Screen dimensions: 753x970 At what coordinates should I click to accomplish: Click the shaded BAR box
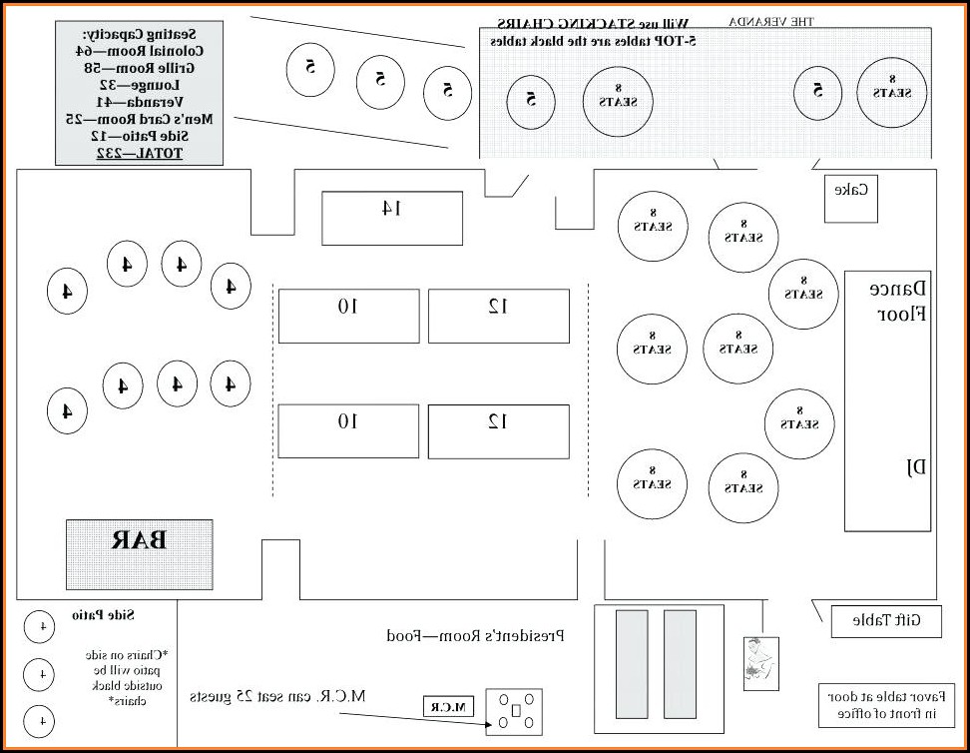[x=139, y=553]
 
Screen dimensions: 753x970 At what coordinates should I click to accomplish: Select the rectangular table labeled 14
[x=391, y=218]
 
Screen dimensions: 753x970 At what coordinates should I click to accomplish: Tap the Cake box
[x=850, y=199]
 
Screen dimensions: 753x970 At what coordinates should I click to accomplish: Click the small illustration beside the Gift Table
[x=760, y=662]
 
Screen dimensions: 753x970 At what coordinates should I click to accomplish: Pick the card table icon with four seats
[x=514, y=709]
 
